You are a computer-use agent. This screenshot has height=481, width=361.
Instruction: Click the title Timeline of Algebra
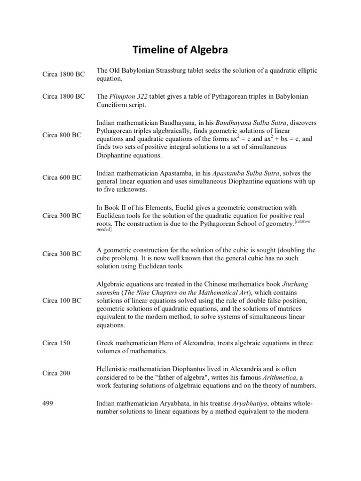pyautogui.click(x=180, y=51)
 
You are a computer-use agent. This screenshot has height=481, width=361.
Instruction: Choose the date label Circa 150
pyautogui.click(x=56, y=343)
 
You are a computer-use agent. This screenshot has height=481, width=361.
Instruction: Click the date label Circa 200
pyautogui.click(x=56, y=373)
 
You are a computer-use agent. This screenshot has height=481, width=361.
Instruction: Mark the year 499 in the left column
pyautogui.click(x=48, y=403)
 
